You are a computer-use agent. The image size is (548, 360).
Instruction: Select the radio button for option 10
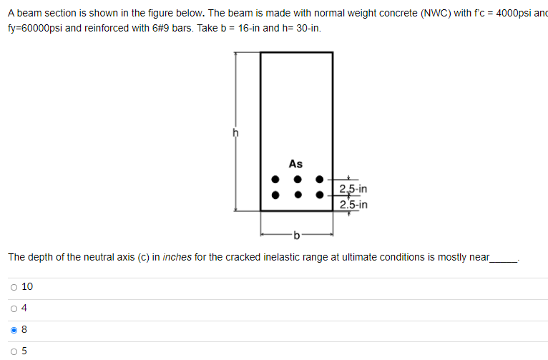click(x=14, y=287)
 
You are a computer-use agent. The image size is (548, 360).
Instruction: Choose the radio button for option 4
click(x=14, y=308)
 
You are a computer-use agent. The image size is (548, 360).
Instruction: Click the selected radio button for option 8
click(x=14, y=330)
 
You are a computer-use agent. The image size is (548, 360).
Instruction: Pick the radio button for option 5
click(x=14, y=351)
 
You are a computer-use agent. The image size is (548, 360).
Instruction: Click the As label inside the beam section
click(x=295, y=164)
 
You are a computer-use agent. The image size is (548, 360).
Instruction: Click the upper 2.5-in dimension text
click(x=353, y=190)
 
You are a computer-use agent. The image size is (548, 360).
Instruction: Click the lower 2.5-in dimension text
click(x=353, y=205)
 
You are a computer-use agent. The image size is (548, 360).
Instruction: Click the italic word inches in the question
click(x=176, y=257)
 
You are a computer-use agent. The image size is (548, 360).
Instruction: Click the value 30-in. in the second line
click(x=305, y=29)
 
